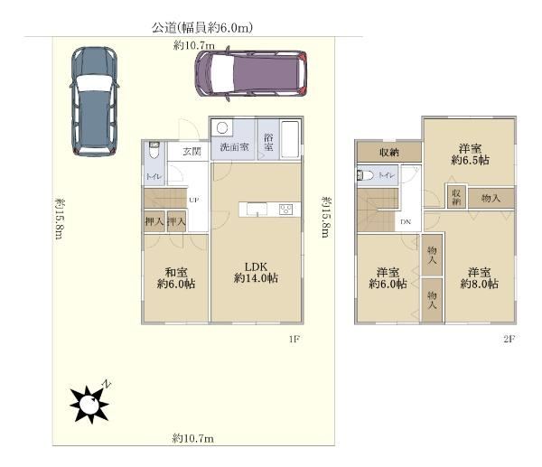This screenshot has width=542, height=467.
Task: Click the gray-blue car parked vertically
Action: click(94, 101)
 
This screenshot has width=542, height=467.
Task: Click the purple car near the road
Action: click(251, 74)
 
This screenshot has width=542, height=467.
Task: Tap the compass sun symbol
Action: click(89, 404)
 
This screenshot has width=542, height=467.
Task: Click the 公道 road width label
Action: click(202, 27)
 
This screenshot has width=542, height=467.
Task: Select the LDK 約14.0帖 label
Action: click(257, 273)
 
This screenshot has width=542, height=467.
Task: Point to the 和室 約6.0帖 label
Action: click(176, 278)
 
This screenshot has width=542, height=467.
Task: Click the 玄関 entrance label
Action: click(192, 152)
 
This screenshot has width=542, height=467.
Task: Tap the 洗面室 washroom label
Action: click(234, 147)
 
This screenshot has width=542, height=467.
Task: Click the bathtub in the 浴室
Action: click(290, 139)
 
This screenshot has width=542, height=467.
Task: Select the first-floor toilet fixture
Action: click(154, 150)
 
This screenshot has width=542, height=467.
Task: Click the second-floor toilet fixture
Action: click(366, 175)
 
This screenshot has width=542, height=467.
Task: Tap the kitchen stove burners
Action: click(286, 210)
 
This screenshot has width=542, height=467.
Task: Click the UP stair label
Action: click(194, 200)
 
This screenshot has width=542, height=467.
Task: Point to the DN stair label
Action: click(406, 222)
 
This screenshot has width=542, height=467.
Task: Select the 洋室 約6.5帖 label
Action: click(470, 154)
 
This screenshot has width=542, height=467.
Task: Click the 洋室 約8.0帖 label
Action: click(479, 278)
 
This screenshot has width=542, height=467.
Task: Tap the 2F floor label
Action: click(509, 339)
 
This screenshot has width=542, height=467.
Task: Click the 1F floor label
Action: click(294, 339)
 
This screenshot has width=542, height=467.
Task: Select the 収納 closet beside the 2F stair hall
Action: click(389, 152)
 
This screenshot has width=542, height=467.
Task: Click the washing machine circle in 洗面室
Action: click(222, 128)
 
